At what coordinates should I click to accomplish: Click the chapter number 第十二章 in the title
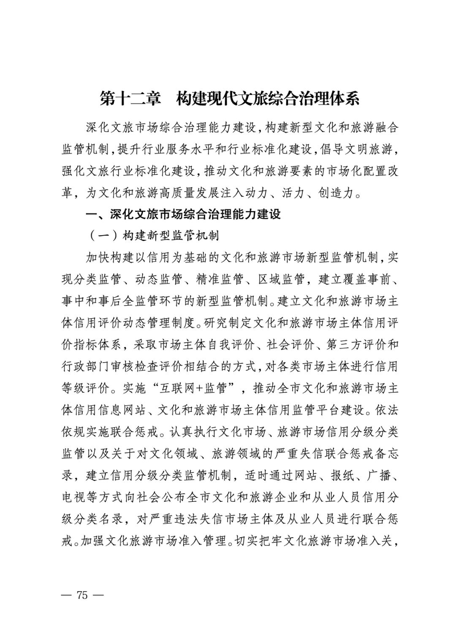click(x=130, y=98)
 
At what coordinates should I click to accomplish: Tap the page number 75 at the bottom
click(x=82, y=595)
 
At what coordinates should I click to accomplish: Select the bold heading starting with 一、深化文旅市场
click(x=183, y=214)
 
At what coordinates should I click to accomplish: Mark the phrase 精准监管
click(x=220, y=279)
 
